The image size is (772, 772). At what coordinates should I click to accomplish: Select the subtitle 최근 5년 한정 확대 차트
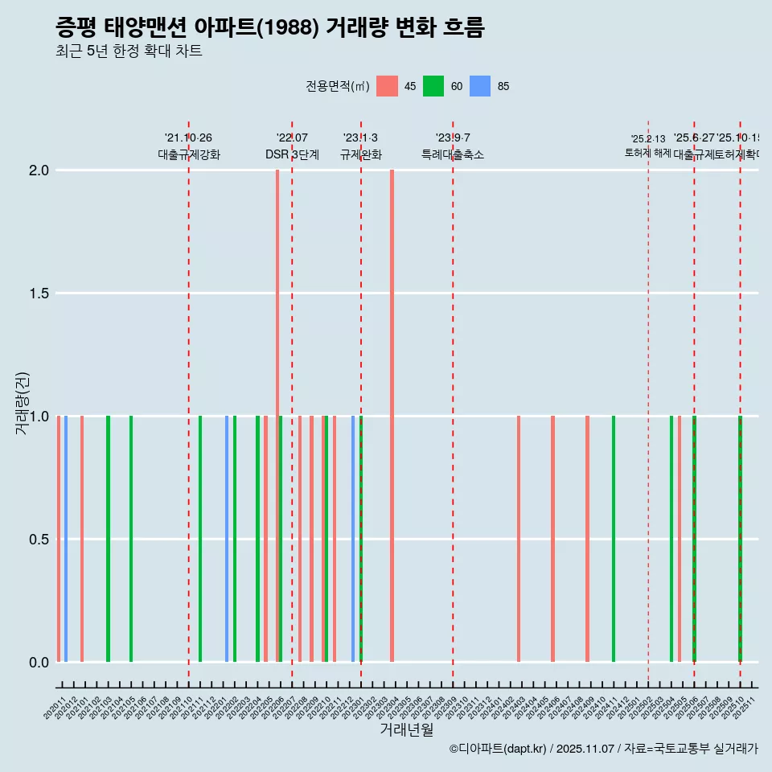(x=129, y=51)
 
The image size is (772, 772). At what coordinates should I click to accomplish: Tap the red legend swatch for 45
(x=387, y=86)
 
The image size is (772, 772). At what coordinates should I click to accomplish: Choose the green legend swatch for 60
(x=433, y=86)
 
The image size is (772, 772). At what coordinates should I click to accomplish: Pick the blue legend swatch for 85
(x=480, y=86)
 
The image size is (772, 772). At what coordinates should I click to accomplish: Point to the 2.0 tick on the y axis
(x=39, y=170)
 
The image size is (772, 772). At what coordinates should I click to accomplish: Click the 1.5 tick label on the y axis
(x=39, y=294)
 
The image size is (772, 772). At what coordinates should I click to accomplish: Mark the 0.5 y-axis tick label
(x=39, y=540)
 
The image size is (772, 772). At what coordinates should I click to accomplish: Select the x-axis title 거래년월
(x=406, y=729)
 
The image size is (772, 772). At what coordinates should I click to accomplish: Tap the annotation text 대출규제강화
(x=188, y=154)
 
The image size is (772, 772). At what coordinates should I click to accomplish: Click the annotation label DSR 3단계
(x=292, y=154)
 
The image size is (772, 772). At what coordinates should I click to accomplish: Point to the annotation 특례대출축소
(x=453, y=154)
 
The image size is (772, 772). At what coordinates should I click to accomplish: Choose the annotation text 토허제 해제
(x=647, y=152)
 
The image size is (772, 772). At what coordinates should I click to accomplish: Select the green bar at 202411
(x=613, y=539)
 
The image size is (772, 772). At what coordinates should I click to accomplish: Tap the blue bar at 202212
(x=352, y=539)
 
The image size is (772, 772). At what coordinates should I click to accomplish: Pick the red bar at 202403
(x=519, y=539)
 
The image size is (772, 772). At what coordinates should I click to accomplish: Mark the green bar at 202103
(x=108, y=539)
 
